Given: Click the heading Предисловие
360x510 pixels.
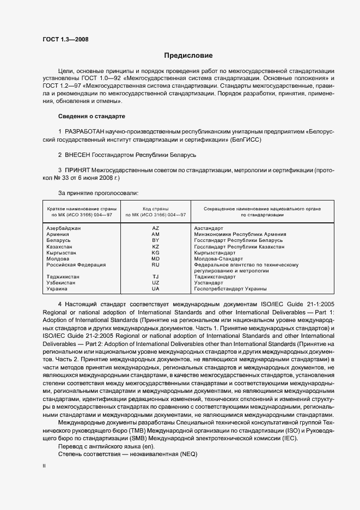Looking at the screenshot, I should point(188,56).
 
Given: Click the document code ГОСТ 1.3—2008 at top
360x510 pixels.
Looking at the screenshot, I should point(65,39).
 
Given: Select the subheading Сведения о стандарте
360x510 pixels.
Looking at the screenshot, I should point(92,117).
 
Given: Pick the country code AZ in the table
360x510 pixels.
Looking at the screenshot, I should point(155,228).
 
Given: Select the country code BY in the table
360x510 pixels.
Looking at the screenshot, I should point(155,240).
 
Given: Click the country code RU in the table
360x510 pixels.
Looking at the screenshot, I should point(155,265).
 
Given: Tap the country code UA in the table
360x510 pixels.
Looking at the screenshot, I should point(155,289).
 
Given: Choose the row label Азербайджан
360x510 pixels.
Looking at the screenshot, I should point(64,228).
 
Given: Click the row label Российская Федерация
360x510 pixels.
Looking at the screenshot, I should point(76,265).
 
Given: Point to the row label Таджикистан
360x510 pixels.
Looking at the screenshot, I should point(63,277).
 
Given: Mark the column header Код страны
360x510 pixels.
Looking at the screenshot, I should point(155,209).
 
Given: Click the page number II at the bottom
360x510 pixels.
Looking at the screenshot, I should point(44,467).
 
